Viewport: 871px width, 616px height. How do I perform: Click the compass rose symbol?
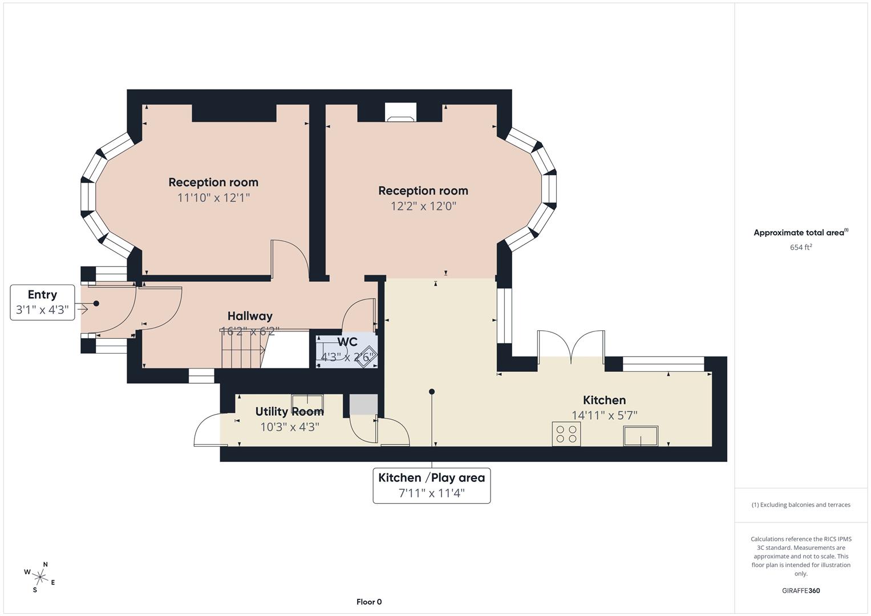(39, 577)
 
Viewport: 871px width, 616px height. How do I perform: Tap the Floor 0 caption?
(369, 602)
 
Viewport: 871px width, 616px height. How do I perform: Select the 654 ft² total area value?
(800, 247)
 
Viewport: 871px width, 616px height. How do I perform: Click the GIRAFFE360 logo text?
(800, 590)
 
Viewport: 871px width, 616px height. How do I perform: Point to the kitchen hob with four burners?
(566, 434)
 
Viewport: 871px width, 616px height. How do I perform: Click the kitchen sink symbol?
(641, 436)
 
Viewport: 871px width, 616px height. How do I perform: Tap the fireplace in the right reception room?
(400, 113)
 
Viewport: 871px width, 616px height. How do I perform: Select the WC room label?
(347, 342)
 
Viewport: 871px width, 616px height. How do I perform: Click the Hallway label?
(250, 316)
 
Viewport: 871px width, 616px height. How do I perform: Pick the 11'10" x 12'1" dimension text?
(213, 198)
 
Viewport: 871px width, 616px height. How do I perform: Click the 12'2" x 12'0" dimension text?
(423, 206)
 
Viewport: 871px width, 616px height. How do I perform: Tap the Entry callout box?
(42, 302)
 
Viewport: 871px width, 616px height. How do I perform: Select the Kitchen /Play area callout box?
(431, 485)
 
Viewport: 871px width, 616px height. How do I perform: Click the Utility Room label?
(289, 412)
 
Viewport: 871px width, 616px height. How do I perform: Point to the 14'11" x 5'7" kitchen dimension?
(604, 416)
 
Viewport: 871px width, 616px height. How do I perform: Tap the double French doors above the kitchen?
(571, 346)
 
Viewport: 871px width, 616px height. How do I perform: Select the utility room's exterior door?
(207, 430)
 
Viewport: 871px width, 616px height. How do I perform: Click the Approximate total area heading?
(800, 232)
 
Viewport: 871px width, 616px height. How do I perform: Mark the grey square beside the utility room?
(363, 404)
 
